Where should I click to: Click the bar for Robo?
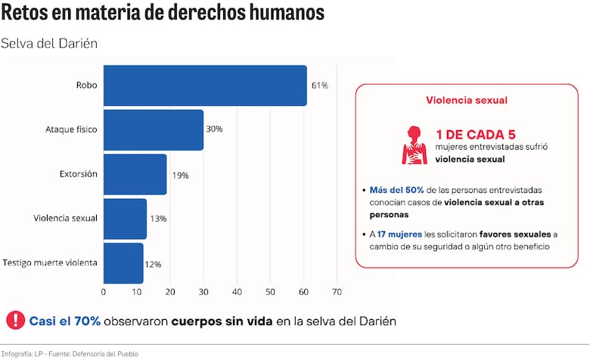click(205, 85)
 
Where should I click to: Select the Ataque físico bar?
click(154, 129)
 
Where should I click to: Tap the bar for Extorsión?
click(135, 174)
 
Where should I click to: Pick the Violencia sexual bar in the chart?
click(125, 219)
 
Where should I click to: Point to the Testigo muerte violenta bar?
click(123, 262)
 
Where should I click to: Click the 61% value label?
click(319, 85)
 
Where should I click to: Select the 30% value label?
click(214, 129)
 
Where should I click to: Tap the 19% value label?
click(180, 175)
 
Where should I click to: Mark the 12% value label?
click(153, 264)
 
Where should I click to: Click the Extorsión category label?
click(79, 174)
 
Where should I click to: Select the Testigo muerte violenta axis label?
click(50, 262)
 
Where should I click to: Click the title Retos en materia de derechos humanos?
click(163, 13)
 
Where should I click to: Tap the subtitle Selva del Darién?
click(49, 43)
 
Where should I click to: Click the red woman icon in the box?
click(414, 144)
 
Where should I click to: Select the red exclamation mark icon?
click(14, 321)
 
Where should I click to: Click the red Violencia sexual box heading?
click(467, 100)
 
